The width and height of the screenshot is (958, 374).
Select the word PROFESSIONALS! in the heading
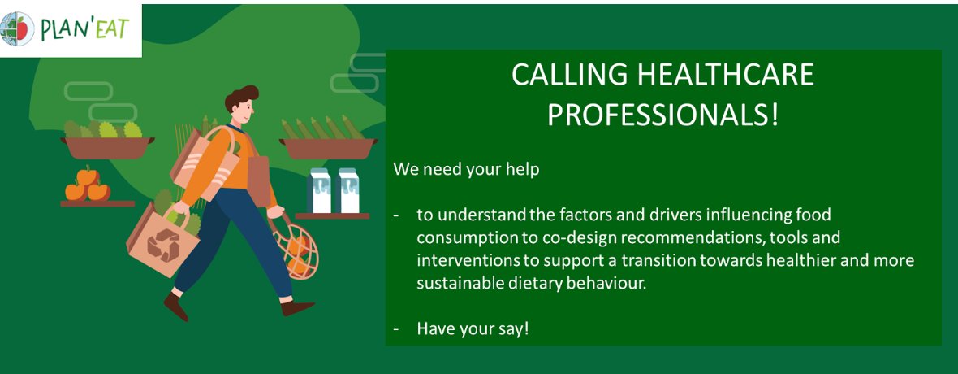(x=662, y=115)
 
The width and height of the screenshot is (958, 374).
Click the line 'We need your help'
(x=466, y=170)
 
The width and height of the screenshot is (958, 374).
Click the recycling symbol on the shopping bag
(x=164, y=245)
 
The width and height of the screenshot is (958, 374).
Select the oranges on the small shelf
(x=87, y=186)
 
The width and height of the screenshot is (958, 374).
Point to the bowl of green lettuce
(x=106, y=139)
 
